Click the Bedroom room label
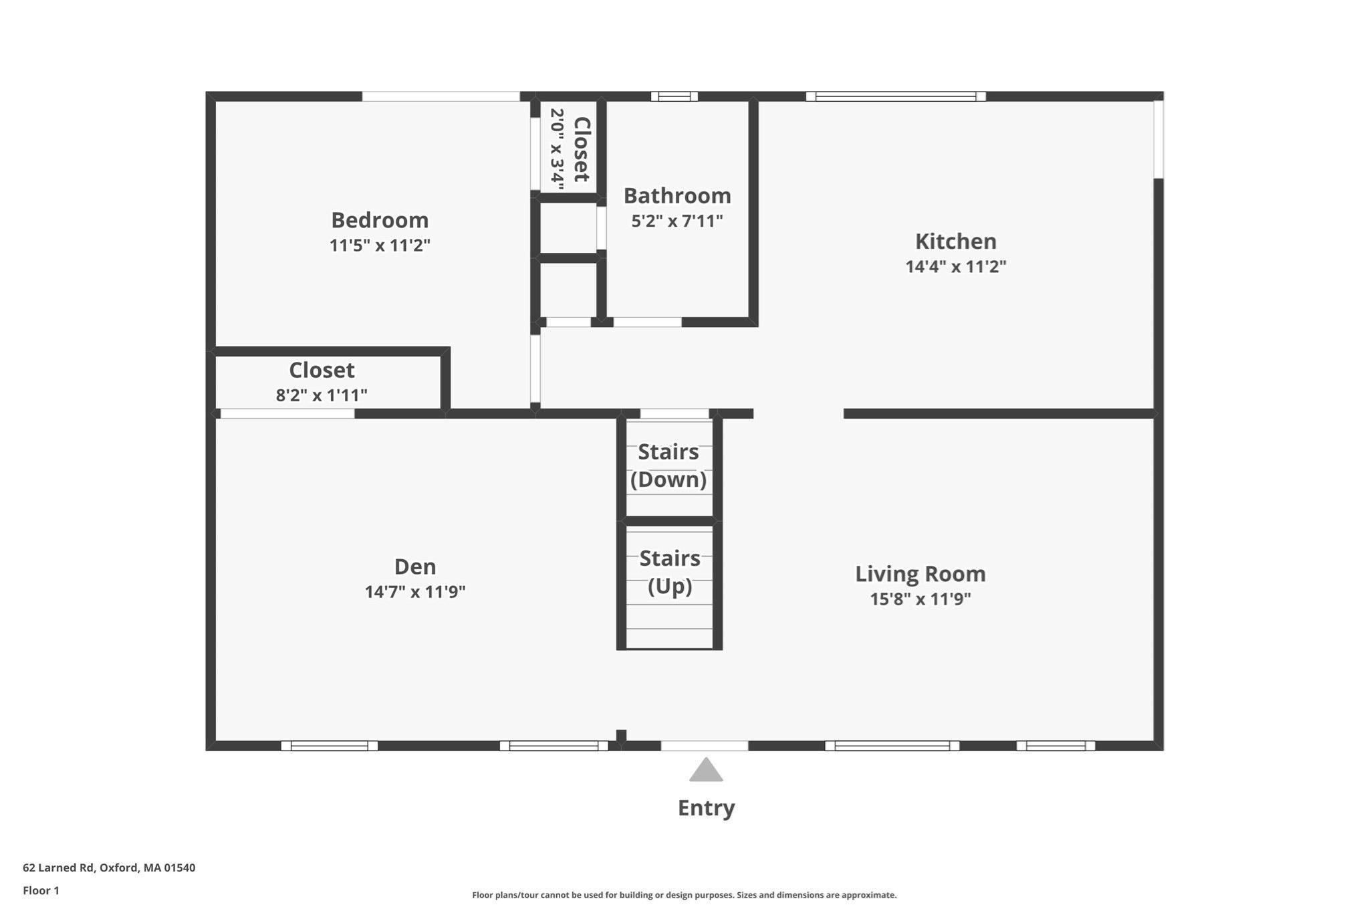tap(380, 220)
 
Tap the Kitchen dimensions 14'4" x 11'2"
tap(955, 266)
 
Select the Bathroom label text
tap(677, 196)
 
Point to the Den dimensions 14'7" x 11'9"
tap(415, 592)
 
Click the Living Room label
tap(920, 574)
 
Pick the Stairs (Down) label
tap(668, 466)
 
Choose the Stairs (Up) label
tap(670, 572)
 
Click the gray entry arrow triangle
tap(706, 771)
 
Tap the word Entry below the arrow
tap(706, 808)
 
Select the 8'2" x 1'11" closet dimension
tap(322, 395)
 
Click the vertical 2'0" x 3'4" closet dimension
tap(557, 148)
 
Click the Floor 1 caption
tap(41, 890)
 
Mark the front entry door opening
tap(705, 746)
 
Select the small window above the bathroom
tap(674, 96)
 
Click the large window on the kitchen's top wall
tap(896, 96)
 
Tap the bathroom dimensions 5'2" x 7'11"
tap(677, 221)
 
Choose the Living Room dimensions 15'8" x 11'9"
tap(920, 599)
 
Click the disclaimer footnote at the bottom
tap(684, 895)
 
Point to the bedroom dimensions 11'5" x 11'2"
tap(380, 245)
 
